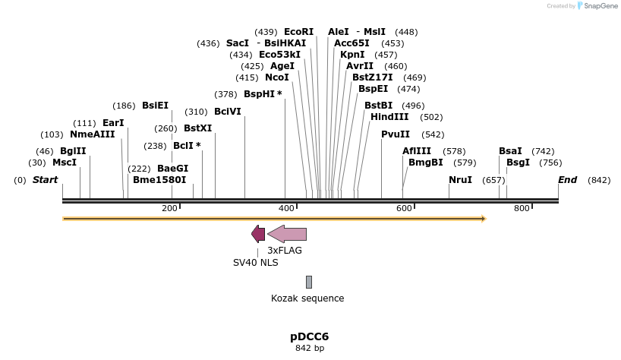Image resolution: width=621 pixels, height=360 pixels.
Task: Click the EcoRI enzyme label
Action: [x=298, y=32]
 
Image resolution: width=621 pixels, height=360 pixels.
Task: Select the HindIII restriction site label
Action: [x=389, y=117]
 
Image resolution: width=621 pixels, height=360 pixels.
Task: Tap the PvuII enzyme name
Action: [x=396, y=134]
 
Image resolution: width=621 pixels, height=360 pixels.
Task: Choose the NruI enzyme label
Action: [x=460, y=180]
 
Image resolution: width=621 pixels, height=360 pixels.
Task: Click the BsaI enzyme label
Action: [x=510, y=151]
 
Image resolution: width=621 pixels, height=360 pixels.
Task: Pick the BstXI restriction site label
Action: [x=197, y=128]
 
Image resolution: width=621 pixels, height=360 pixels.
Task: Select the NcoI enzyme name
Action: [x=276, y=77]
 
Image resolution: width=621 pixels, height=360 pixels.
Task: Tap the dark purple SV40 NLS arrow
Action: [x=258, y=234]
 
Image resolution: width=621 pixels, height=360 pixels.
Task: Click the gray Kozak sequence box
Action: [x=309, y=282]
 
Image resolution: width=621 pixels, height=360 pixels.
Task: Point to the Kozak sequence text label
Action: [x=307, y=298]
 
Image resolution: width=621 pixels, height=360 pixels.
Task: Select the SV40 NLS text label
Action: [x=255, y=262]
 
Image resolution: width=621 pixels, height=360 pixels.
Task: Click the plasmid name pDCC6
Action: [x=309, y=336]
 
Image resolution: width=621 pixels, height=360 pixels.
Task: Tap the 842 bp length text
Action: [x=309, y=349]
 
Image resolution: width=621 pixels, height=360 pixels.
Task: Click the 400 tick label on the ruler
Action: [x=287, y=208]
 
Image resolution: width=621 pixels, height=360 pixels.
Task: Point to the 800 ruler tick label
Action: [x=522, y=208]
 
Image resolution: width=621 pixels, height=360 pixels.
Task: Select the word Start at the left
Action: [x=45, y=180]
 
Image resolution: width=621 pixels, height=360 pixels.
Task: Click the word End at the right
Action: [x=567, y=180]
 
